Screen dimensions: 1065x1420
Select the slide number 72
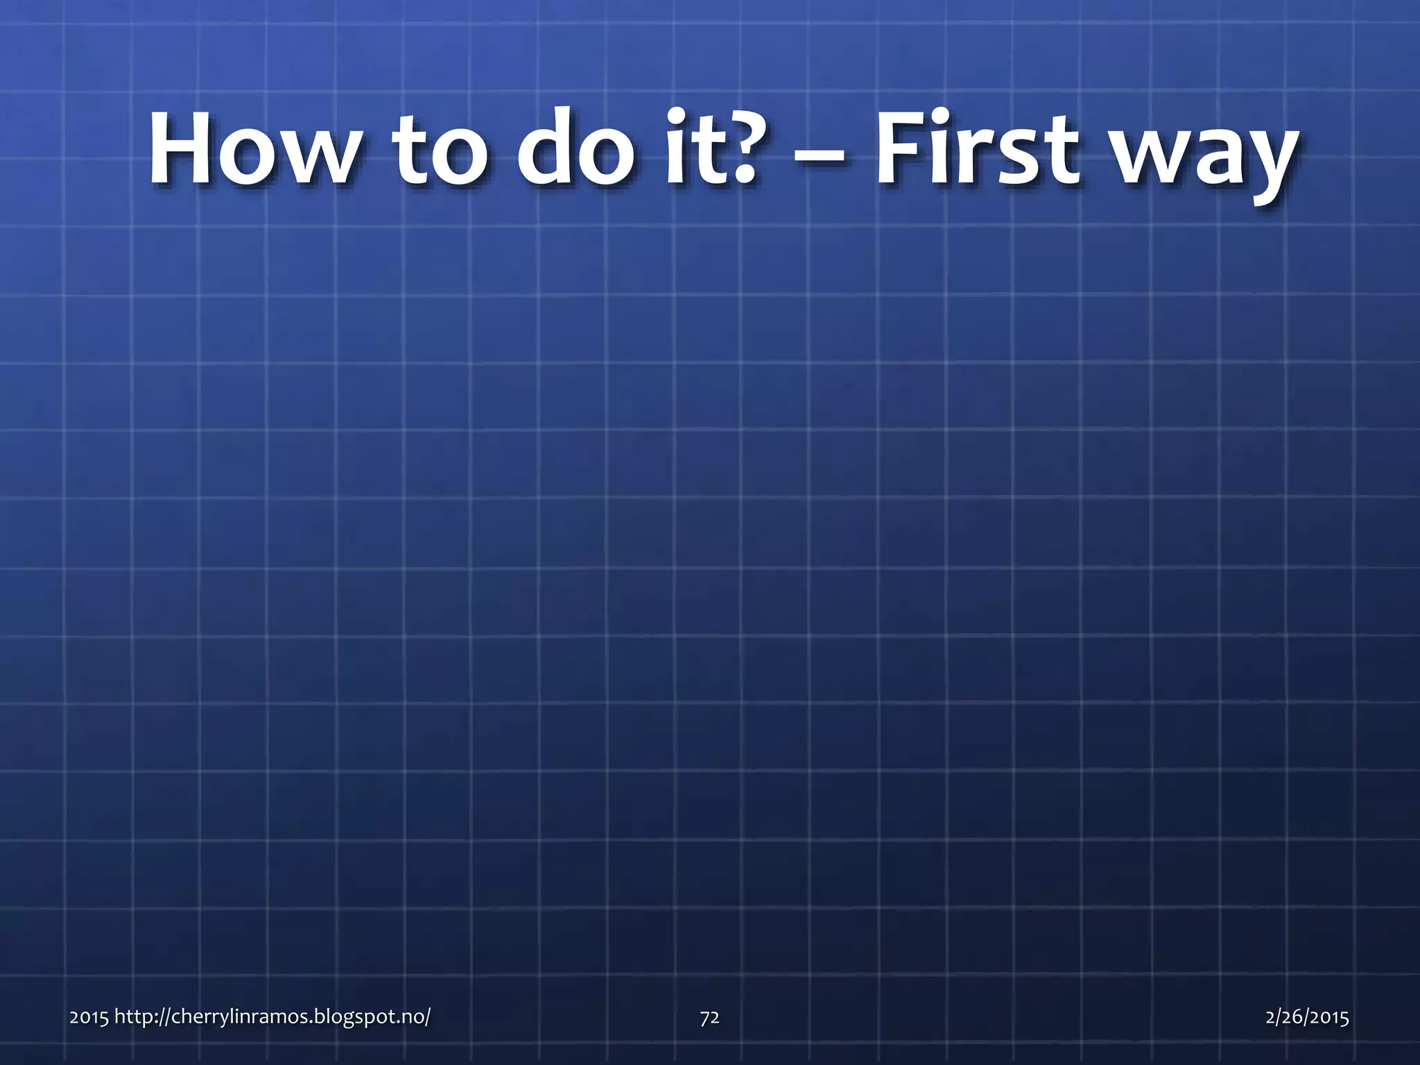click(709, 1017)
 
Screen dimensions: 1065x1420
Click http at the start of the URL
click(131, 1017)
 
